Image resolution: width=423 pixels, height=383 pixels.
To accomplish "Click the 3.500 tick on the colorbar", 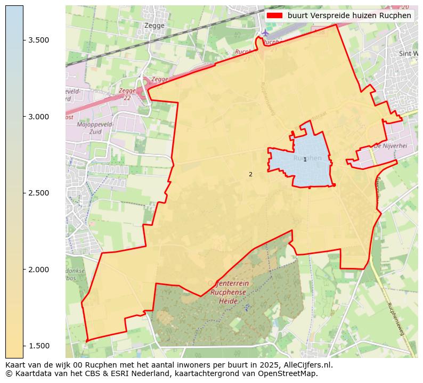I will pos(38,40).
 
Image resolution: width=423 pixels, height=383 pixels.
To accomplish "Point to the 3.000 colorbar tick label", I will pos(38,117).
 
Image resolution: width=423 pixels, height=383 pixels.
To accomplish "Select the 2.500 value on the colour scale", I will pos(38,193).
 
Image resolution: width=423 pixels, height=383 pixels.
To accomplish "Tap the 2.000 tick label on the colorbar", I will pos(38,270).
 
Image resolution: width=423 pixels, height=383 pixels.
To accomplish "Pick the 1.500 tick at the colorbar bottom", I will pos(38,346).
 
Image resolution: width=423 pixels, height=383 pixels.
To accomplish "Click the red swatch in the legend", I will pos(274,15).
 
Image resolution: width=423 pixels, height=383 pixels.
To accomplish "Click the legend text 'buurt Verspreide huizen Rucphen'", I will pos(349,15).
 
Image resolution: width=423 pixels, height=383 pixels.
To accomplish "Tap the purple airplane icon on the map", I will pos(265,33).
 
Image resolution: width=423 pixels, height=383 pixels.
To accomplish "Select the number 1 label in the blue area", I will pos(305,159).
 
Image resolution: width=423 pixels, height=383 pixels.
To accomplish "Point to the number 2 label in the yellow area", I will pos(250,174).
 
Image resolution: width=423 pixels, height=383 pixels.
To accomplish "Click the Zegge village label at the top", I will pos(154,25).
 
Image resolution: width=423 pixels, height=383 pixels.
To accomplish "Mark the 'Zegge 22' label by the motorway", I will pos(127,94).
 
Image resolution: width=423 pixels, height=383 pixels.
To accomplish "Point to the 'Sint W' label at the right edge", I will pos(408,54).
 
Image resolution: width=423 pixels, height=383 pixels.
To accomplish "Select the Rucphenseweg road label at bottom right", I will pos(396,319).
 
